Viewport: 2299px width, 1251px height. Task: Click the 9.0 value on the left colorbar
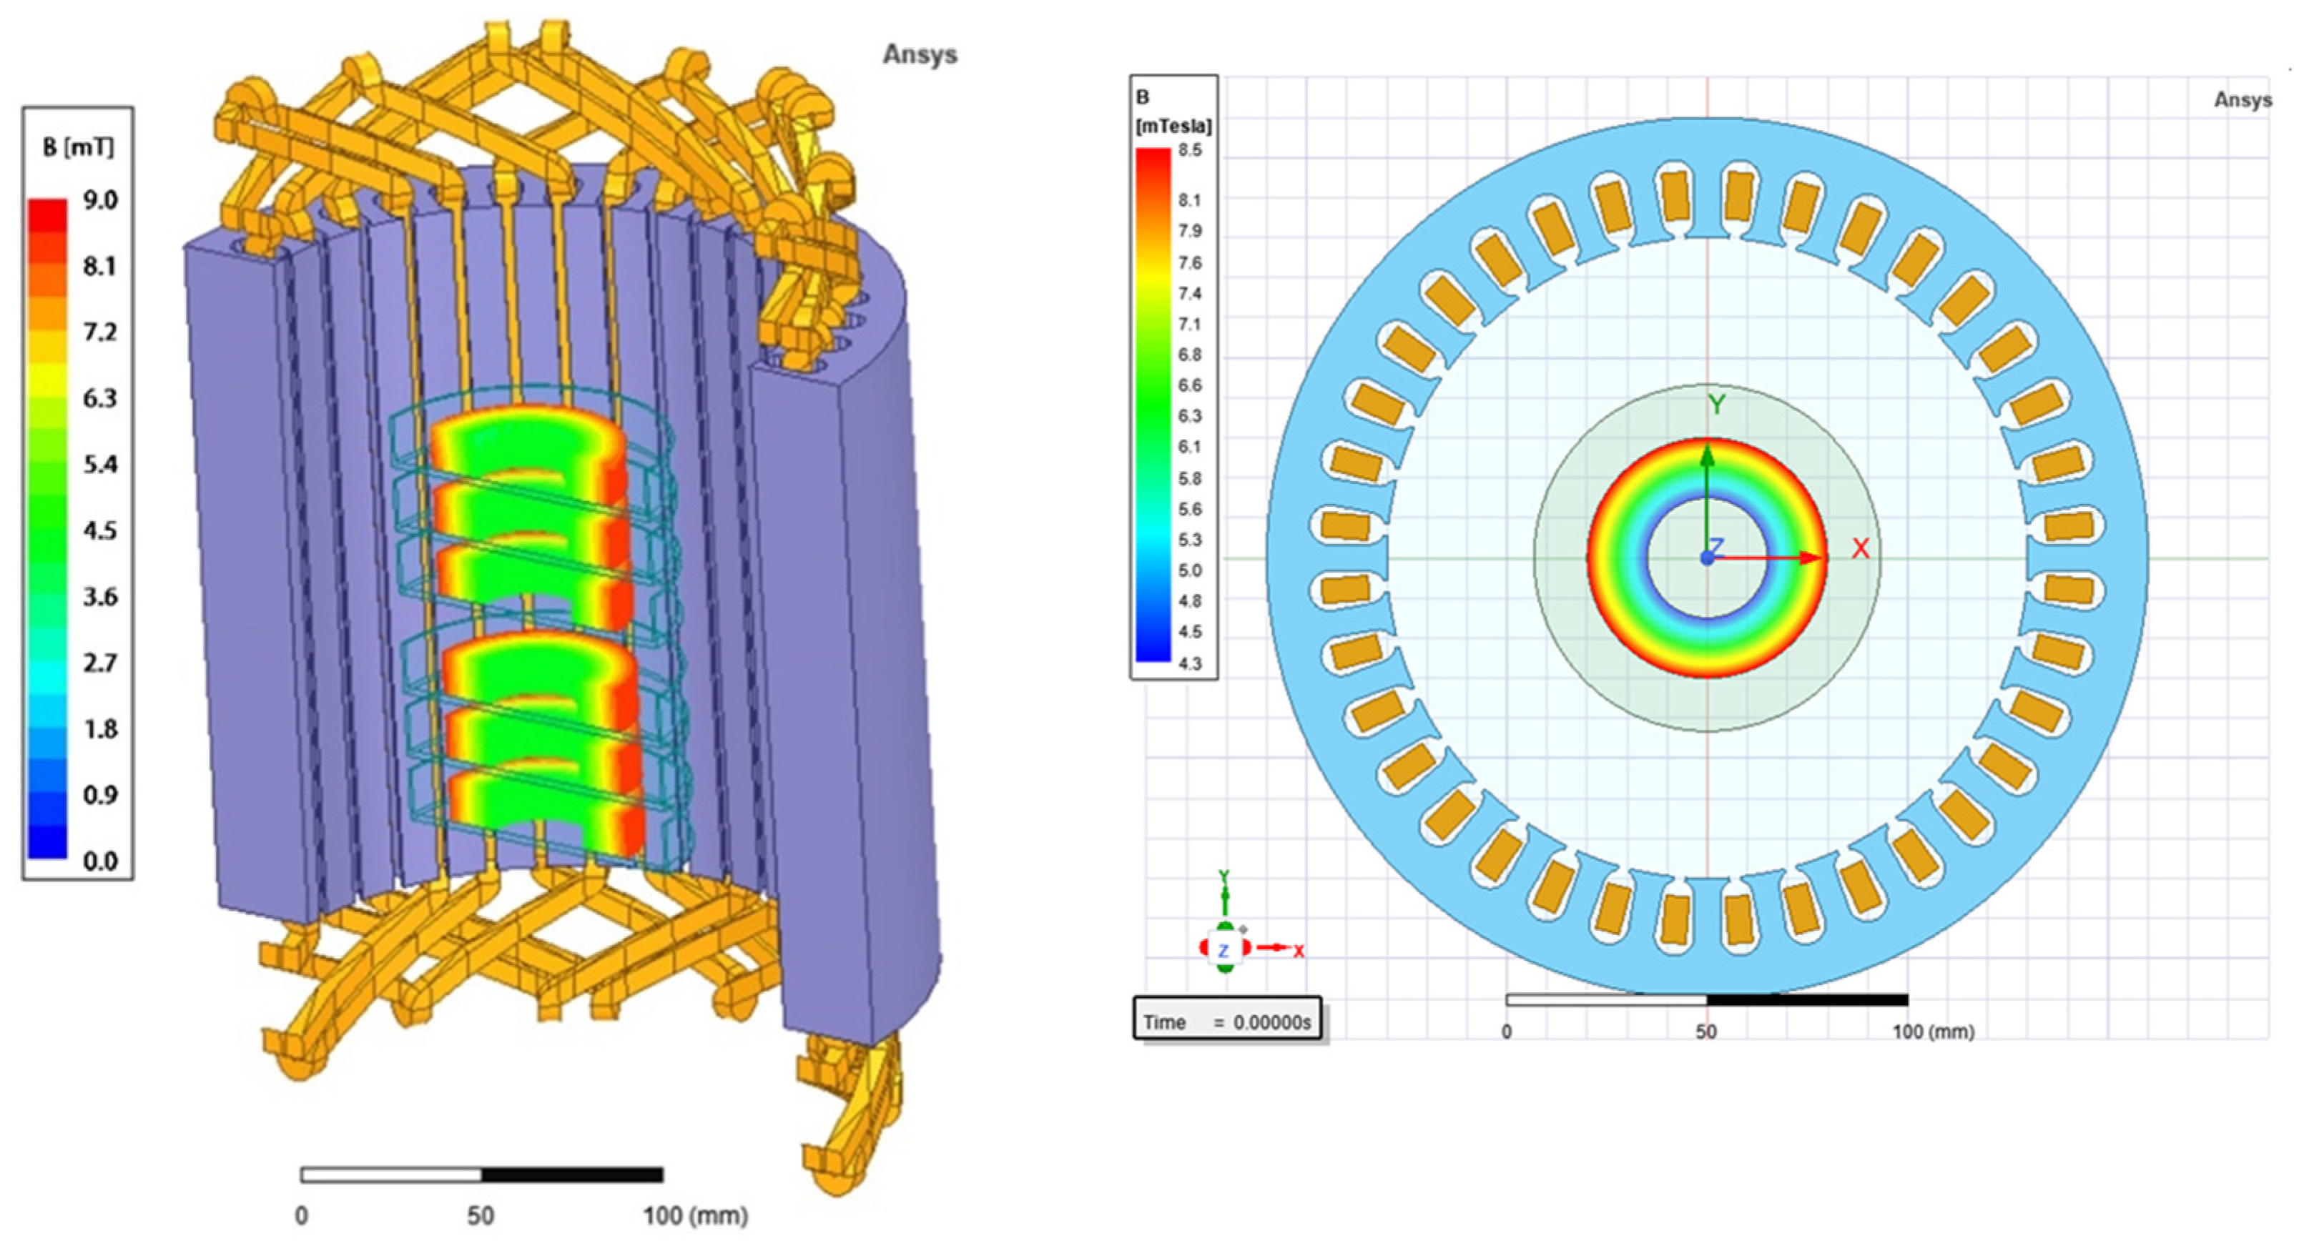pyautogui.click(x=101, y=200)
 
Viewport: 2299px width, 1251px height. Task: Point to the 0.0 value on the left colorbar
pyautogui.click(x=101, y=861)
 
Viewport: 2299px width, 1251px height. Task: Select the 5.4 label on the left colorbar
pyautogui.click(x=101, y=464)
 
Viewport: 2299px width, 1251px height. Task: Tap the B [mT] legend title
pyautogui.click(x=79, y=147)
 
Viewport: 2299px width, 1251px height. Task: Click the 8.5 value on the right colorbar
pyautogui.click(x=1190, y=151)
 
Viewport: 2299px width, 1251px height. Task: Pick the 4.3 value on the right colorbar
pyautogui.click(x=1190, y=663)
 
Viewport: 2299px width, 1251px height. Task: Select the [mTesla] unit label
pyautogui.click(x=1173, y=127)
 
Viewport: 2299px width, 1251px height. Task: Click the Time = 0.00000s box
pyautogui.click(x=1228, y=1018)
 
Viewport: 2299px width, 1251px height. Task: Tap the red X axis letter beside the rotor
pyautogui.click(x=1861, y=549)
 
